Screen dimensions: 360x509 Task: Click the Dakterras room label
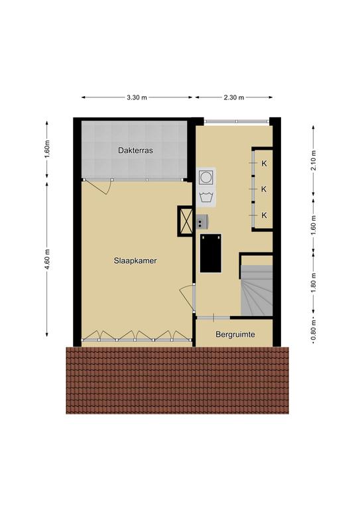135,150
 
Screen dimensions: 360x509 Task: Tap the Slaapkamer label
135,260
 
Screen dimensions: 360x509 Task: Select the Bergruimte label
235,334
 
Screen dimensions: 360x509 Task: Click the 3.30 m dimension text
137,97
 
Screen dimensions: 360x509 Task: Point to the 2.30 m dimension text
234,97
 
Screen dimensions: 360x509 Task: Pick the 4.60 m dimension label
47,259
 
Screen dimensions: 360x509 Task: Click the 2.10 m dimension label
313,160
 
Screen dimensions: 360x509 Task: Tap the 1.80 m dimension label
313,283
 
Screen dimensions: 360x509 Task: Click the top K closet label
265,164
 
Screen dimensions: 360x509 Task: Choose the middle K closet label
265,189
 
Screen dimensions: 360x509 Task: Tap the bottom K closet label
265,215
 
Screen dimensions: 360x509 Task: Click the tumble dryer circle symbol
206,177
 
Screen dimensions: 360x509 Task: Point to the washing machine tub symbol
206,197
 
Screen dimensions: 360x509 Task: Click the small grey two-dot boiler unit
202,221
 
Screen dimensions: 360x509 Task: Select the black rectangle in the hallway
211,253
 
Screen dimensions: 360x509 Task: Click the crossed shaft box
186,221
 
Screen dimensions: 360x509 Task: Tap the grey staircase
257,290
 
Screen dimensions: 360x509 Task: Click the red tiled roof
177,380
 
